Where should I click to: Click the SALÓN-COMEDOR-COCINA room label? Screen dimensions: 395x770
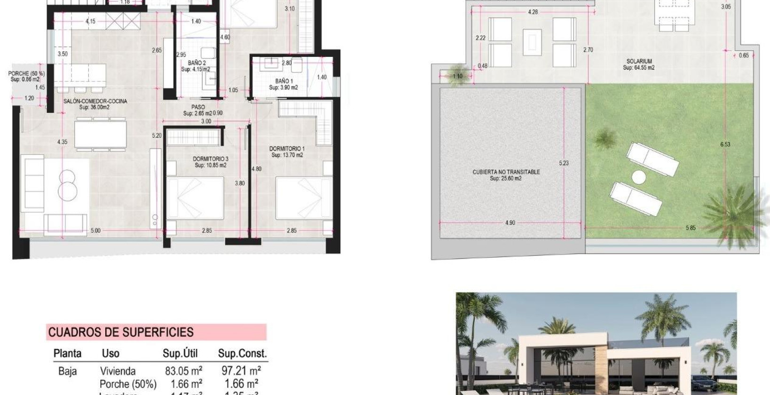point(95,101)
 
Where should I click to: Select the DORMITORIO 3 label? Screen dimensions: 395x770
point(211,159)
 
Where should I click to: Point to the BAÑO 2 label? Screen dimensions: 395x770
point(196,63)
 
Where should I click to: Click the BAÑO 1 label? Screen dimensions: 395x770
point(284,81)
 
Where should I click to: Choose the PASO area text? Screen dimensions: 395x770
point(198,107)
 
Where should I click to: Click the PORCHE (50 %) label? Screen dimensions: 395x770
point(26,74)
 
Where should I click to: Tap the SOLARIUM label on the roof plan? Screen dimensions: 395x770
point(639,62)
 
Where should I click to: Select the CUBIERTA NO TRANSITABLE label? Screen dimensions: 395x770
point(506,172)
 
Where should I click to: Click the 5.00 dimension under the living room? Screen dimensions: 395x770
point(95,230)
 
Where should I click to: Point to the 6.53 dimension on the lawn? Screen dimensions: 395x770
point(725,144)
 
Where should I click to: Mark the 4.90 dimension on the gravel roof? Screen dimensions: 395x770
point(510,222)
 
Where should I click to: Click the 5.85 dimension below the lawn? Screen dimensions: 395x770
point(690,228)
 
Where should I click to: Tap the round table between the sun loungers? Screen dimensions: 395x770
point(639,177)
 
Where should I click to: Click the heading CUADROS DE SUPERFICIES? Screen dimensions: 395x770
point(121,332)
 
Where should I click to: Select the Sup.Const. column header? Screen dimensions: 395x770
point(242,354)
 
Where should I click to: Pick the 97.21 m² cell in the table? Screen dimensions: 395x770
point(241,371)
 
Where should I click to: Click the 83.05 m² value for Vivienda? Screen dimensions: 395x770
point(183,371)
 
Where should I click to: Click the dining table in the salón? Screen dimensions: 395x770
point(100,135)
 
